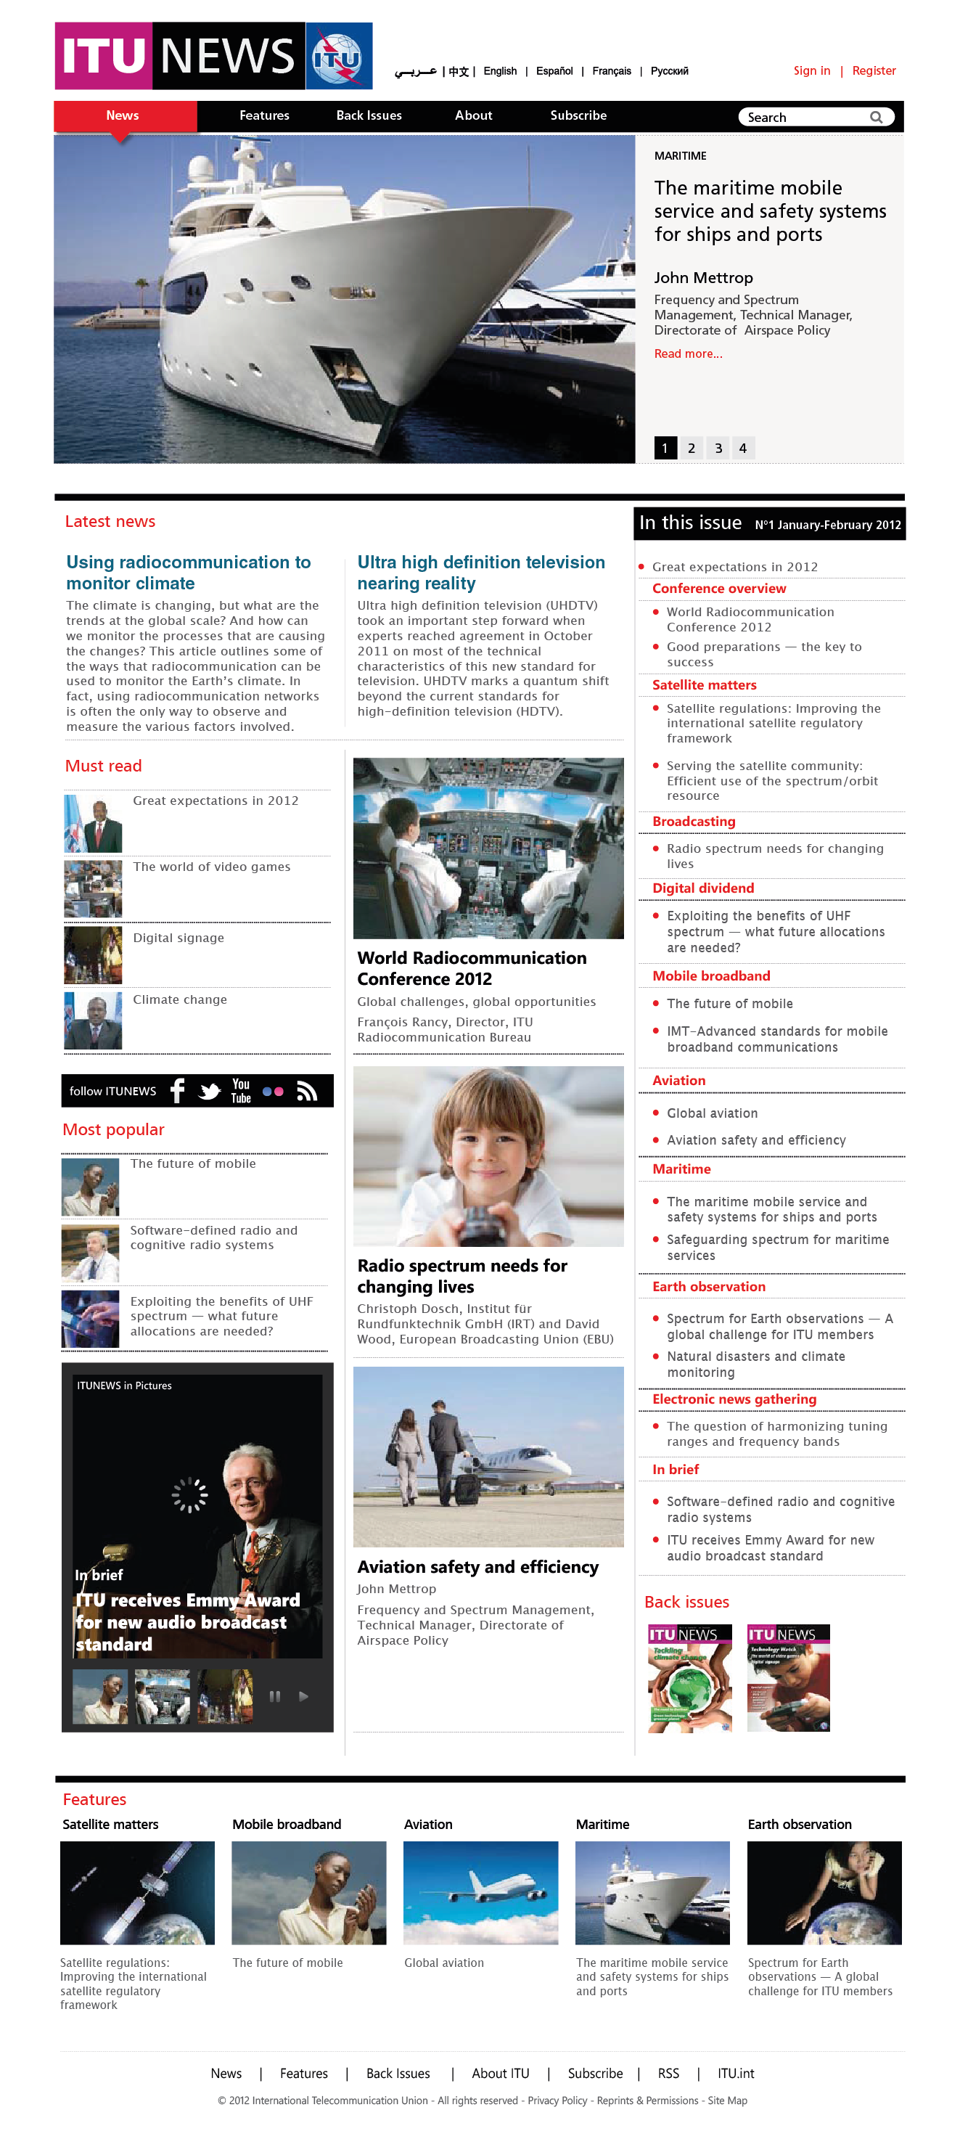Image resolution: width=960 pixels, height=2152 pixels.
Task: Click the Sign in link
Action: tap(811, 71)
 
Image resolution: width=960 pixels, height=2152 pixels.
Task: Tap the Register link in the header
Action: tap(873, 71)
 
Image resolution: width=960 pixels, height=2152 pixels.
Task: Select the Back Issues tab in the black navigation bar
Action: tap(369, 115)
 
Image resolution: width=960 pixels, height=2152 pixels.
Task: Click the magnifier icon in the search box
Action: tap(876, 117)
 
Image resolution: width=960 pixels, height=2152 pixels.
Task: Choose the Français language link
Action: tap(611, 71)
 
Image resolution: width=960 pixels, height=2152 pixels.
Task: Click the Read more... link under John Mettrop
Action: tap(688, 353)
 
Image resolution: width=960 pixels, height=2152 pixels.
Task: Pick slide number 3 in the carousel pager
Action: tap(718, 448)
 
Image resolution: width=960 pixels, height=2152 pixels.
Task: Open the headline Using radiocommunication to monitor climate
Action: tap(188, 572)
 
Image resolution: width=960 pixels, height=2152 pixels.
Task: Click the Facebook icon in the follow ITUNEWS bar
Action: tap(177, 1090)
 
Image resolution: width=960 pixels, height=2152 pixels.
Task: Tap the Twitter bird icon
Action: tap(210, 1091)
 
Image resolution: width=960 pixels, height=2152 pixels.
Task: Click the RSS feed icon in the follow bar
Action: tap(307, 1091)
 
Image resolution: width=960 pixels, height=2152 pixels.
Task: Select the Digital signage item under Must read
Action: tap(178, 937)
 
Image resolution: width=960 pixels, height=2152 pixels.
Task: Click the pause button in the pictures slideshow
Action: tap(274, 1696)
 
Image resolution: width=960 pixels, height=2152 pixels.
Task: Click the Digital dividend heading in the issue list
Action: tap(702, 888)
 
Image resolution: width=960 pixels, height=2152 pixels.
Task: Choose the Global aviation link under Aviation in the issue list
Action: tap(712, 1113)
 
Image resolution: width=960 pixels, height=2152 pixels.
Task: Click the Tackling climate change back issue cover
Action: tap(689, 1677)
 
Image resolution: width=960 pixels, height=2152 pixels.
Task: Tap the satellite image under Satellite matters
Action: tap(137, 1892)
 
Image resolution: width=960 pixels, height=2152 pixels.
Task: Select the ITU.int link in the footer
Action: tap(735, 2074)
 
